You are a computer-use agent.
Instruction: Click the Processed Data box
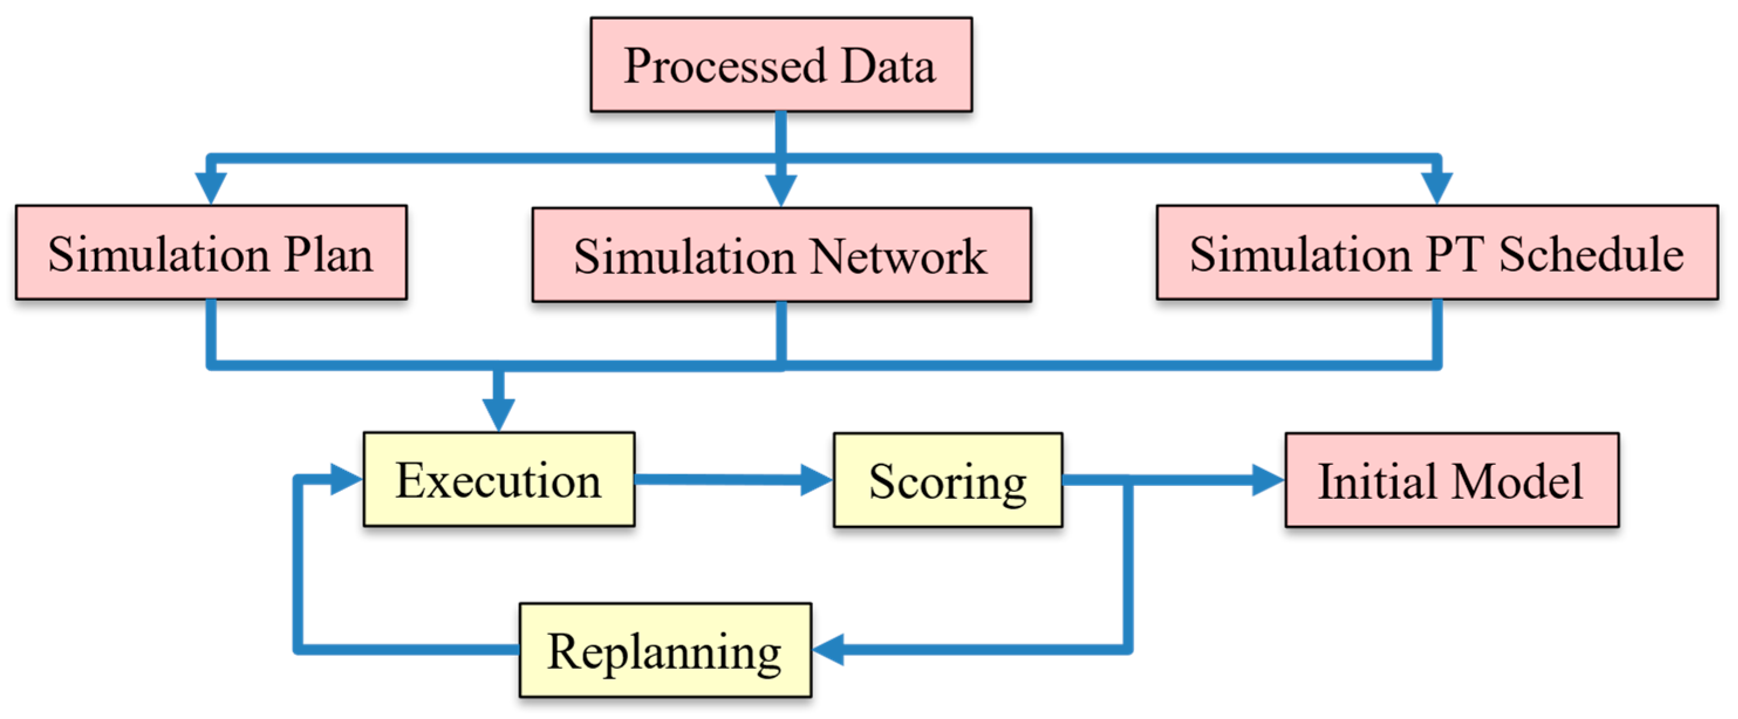point(781,65)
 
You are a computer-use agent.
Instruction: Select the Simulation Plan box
point(211,252)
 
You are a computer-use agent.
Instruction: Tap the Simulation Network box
point(781,255)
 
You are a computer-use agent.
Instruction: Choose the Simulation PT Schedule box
point(1436,252)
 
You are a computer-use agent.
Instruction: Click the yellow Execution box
point(498,479)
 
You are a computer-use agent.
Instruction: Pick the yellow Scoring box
point(947,480)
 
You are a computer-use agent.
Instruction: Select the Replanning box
point(665,649)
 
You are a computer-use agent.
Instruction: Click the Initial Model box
point(1451,480)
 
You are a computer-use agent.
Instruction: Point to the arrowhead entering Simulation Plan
point(211,187)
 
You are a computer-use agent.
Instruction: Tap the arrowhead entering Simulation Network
point(781,190)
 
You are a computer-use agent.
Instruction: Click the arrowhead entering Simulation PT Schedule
point(1436,187)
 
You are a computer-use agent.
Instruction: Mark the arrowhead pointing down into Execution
point(498,413)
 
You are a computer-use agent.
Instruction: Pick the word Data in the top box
point(888,66)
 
